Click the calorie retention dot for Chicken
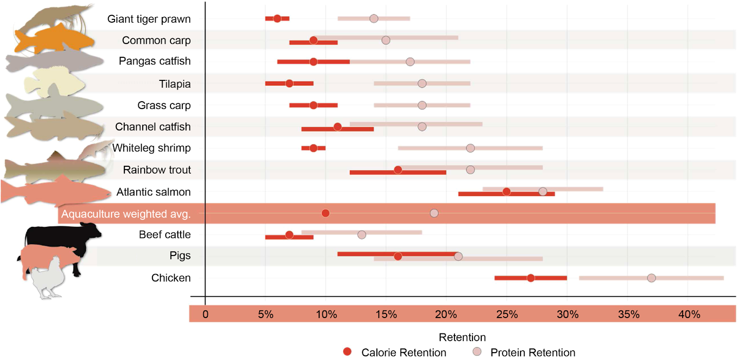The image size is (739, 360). click(x=531, y=278)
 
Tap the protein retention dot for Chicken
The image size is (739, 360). click(x=651, y=278)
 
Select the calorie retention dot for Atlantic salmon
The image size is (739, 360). click(x=507, y=192)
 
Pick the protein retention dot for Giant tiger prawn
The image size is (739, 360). click(x=374, y=18)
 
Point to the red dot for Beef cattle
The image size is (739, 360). click(x=289, y=235)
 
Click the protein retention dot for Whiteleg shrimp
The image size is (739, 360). click(x=470, y=148)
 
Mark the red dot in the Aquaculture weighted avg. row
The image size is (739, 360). click(x=325, y=213)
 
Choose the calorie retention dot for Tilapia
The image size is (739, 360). click(x=289, y=84)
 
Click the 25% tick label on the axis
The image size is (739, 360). click(x=507, y=314)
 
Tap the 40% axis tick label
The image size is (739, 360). click(x=689, y=314)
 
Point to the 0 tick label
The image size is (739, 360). click(x=205, y=314)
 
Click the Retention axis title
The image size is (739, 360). click(x=462, y=337)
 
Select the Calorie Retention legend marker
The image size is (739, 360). click(x=347, y=352)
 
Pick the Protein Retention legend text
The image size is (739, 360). click(x=533, y=352)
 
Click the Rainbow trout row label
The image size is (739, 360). click(x=157, y=170)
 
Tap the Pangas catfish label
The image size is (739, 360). click(x=154, y=61)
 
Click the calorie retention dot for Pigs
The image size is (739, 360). click(x=398, y=256)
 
